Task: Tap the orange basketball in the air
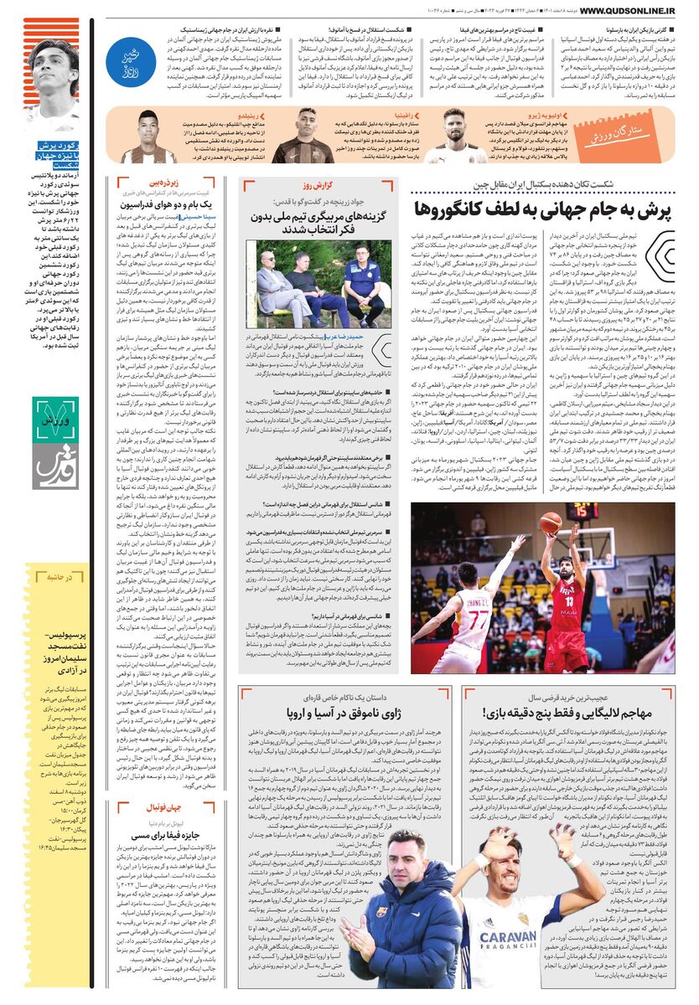coord(551,523)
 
